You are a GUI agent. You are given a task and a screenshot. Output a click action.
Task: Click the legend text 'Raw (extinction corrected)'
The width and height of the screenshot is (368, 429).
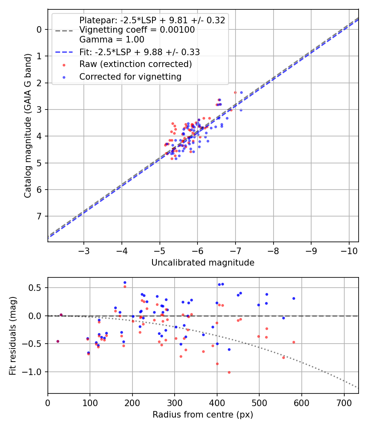coord(135,64)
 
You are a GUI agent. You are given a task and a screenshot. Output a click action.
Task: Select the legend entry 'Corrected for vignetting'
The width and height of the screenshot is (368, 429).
coord(130,76)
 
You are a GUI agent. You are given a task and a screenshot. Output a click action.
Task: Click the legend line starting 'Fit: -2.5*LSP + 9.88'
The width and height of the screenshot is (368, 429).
coord(139,52)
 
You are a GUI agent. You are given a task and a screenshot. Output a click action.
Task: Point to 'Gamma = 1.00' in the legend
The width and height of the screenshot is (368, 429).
coord(112,40)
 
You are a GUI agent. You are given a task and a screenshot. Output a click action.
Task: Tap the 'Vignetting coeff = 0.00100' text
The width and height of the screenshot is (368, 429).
coord(137,30)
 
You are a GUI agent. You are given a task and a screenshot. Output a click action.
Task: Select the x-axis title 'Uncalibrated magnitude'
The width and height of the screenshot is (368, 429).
coord(203,263)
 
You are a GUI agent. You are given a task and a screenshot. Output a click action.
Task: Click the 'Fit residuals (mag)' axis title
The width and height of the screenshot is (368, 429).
coord(13,335)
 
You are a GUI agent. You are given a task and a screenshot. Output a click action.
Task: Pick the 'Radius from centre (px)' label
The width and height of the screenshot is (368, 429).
coord(203,415)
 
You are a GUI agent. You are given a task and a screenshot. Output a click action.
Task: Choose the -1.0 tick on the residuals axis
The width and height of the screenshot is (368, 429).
coord(34,372)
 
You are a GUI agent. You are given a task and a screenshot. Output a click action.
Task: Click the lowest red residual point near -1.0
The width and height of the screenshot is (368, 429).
coord(229,372)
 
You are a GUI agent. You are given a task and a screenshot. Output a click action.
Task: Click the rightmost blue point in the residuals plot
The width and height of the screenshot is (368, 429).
coord(294,298)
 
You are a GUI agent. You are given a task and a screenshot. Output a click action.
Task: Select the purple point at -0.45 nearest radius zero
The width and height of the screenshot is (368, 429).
coord(58,341)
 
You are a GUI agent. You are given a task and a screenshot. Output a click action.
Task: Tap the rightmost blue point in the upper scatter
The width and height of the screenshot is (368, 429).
coord(241,92)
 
